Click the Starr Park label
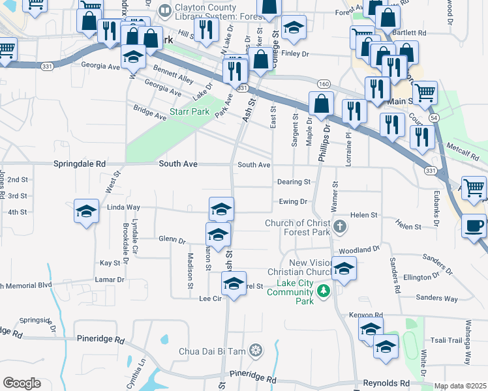click(x=190, y=111)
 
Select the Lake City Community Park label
click(x=296, y=292)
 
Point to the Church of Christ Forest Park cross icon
click(x=339, y=227)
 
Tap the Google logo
click(x=22, y=383)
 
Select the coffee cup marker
click(x=474, y=227)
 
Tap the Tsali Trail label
click(x=446, y=341)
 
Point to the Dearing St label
click(x=293, y=182)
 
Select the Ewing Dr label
click(x=293, y=202)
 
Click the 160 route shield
click(x=324, y=84)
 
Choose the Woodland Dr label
click(x=359, y=250)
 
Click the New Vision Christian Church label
click(x=301, y=266)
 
